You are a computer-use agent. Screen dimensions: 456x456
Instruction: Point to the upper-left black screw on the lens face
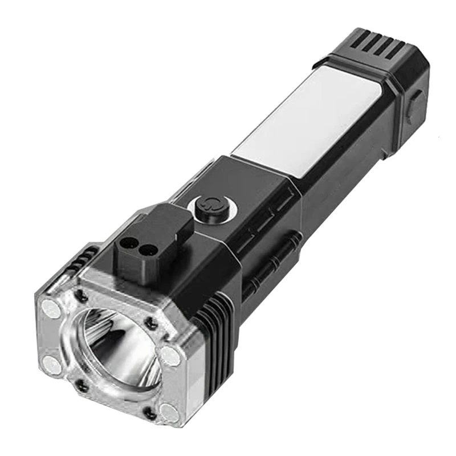80,295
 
